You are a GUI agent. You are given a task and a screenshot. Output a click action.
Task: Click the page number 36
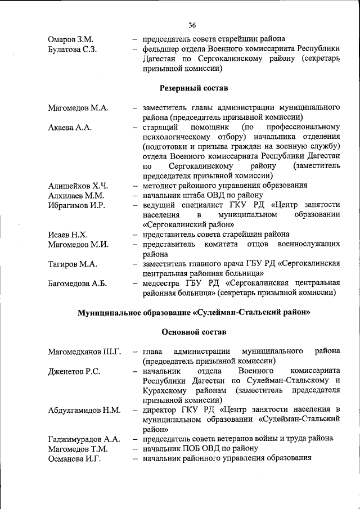[192, 25]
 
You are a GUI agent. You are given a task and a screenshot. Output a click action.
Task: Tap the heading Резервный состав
[194, 88]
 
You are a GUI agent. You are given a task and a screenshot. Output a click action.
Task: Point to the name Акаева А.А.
[70, 127]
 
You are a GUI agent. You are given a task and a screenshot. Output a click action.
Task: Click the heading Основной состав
[194, 331]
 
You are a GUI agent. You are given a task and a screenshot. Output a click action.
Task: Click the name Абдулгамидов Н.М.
[84, 409]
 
